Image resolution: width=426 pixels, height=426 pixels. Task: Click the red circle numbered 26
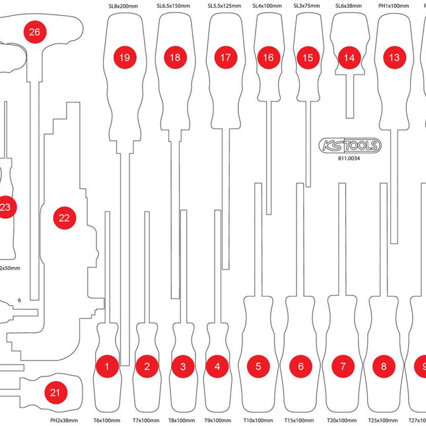[34, 32]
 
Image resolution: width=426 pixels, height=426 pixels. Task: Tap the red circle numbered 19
[124, 57]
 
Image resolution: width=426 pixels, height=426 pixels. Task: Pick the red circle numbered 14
[349, 57]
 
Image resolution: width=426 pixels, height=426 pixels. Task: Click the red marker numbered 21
[56, 393]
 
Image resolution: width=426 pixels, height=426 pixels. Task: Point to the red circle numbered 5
[259, 365]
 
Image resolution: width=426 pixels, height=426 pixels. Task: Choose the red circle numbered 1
[107, 365]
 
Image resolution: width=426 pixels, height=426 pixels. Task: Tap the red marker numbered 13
[394, 57]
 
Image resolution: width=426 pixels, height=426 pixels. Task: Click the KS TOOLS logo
[349, 145]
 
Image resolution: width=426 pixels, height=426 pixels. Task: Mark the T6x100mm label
[106, 420]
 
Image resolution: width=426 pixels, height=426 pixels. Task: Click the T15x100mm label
[300, 420]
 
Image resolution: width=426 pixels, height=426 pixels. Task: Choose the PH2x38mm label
[64, 420]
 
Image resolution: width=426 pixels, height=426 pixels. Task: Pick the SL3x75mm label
[305, 6]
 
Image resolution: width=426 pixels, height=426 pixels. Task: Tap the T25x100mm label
[383, 420]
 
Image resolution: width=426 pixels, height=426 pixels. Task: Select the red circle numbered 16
[267, 57]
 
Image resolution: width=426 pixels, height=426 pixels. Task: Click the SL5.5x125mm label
[223, 6]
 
